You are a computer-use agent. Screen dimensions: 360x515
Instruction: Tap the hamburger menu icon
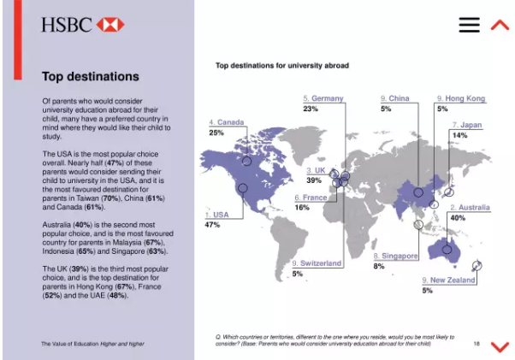pyautogui.click(x=469, y=25)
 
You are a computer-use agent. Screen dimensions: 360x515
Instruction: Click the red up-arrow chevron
pyautogui.click(x=500, y=25)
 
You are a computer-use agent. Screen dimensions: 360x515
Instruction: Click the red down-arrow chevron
pyautogui.click(x=500, y=345)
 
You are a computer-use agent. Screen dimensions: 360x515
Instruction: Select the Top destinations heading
pyautogui.click(x=90, y=77)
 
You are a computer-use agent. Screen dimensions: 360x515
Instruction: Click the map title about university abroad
pyautogui.click(x=281, y=65)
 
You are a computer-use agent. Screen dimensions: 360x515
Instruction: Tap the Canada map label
pyautogui.click(x=227, y=122)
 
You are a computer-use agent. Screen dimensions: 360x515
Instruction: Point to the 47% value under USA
pyautogui.click(x=213, y=225)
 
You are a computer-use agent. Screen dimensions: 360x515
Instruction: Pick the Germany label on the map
pyautogui.click(x=323, y=98)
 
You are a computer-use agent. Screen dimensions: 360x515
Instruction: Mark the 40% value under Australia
pyautogui.click(x=458, y=218)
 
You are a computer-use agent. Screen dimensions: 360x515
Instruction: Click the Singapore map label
pyautogui.click(x=396, y=256)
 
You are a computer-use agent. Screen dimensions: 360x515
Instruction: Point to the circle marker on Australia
pyautogui.click(x=444, y=248)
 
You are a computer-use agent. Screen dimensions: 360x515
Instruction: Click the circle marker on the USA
pyautogui.click(x=242, y=188)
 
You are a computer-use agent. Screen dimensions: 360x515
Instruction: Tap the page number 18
pyautogui.click(x=477, y=344)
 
